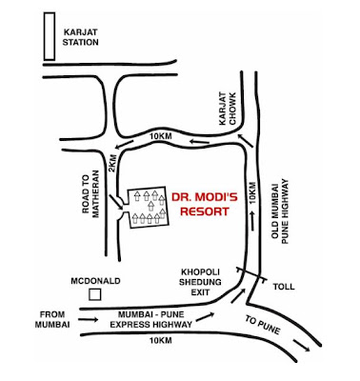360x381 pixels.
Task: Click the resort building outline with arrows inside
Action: [x=143, y=207]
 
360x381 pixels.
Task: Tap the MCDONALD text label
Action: [x=93, y=280]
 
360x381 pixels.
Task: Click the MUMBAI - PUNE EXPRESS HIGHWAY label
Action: [x=155, y=318]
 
